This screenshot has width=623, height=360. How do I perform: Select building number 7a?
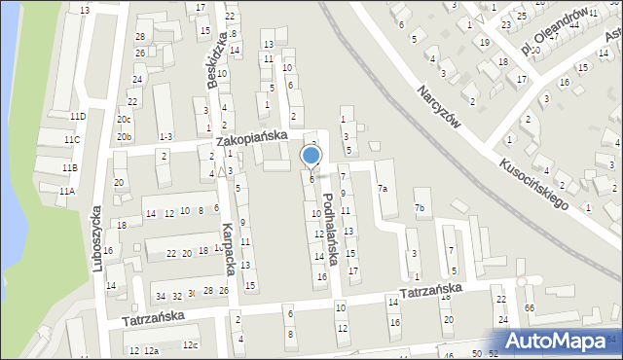coord(383,189)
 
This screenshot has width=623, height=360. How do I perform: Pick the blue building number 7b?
coord(420,208)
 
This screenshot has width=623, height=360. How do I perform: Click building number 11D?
coord(77,117)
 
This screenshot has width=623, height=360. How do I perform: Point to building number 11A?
coord(66,192)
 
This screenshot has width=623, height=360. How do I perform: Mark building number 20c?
coord(124,120)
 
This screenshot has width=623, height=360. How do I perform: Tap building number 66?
coord(530,308)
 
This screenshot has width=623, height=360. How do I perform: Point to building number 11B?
coord(68,168)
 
